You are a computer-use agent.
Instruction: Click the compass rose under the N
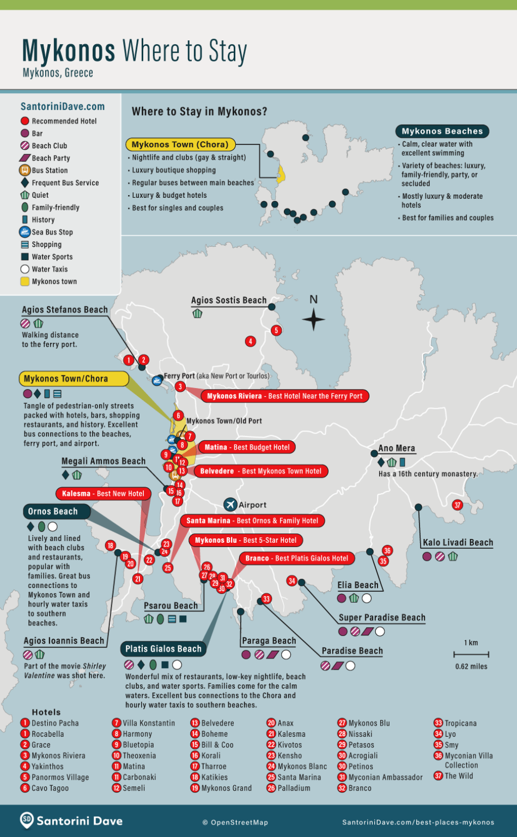coord(313,320)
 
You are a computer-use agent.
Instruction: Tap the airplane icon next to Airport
coord(230,505)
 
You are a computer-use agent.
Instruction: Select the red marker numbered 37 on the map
coord(458,505)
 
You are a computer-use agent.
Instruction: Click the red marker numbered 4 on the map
coord(250,342)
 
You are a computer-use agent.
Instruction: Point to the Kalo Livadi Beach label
coord(458,543)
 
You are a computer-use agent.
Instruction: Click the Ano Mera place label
coord(397,448)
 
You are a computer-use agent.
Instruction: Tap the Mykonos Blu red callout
coord(246,541)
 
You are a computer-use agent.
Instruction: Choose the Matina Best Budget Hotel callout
coord(247,447)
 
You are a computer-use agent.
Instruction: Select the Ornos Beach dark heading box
coord(53,512)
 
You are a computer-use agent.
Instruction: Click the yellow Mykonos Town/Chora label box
coord(74,379)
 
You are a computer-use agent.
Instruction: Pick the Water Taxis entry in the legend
coord(50,269)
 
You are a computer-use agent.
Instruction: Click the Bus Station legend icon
coord(25,171)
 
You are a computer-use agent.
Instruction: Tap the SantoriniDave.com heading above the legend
coord(63,107)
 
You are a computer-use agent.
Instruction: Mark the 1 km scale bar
coord(471,654)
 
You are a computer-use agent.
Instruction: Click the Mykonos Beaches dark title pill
coord(442,131)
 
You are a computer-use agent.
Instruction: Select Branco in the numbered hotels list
coord(360,788)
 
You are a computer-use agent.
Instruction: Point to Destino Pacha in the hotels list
coord(55,723)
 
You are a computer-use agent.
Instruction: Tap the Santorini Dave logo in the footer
coord(71,821)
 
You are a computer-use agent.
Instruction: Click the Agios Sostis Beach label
coord(229,300)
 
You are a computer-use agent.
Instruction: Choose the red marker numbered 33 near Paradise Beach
coord(266,599)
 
